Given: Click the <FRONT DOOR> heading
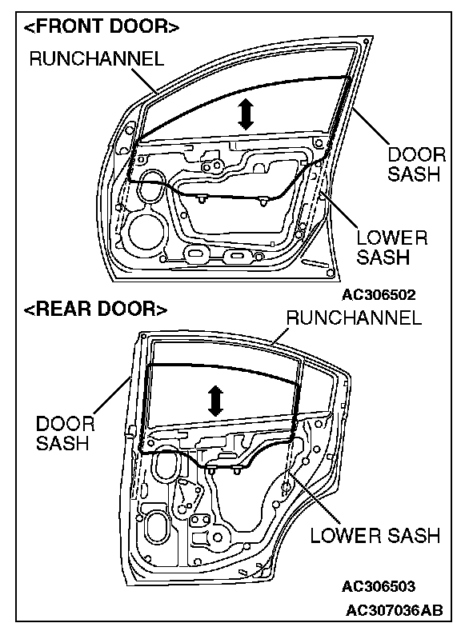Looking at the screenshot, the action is (x=102, y=26).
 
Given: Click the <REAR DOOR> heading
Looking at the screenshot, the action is (x=96, y=309).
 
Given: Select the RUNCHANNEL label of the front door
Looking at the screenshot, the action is (x=97, y=58).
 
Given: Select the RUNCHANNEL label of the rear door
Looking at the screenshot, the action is (x=354, y=317).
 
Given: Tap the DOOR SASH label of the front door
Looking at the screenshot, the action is (x=416, y=164).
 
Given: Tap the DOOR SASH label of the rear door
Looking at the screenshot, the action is (x=65, y=433).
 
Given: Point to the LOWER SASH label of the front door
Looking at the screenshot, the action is (x=392, y=247).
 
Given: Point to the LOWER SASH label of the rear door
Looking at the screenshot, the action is (x=375, y=535).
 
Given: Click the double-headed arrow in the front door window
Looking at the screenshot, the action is (x=245, y=114).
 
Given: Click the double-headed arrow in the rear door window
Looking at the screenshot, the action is (x=215, y=401).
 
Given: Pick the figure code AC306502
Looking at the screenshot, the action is (x=379, y=294).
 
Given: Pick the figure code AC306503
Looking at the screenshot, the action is (x=379, y=586).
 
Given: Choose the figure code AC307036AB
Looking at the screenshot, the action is (x=394, y=610).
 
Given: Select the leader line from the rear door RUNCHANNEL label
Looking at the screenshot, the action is (x=281, y=336).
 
